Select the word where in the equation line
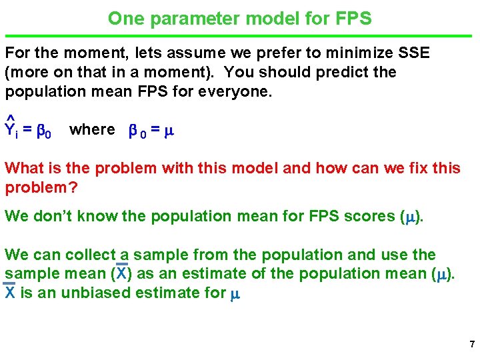click(92, 129)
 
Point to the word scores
click(371, 216)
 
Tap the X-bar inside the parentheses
click(123, 273)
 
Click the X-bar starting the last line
click(10, 293)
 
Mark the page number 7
click(472, 345)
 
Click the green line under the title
click(240, 35)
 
